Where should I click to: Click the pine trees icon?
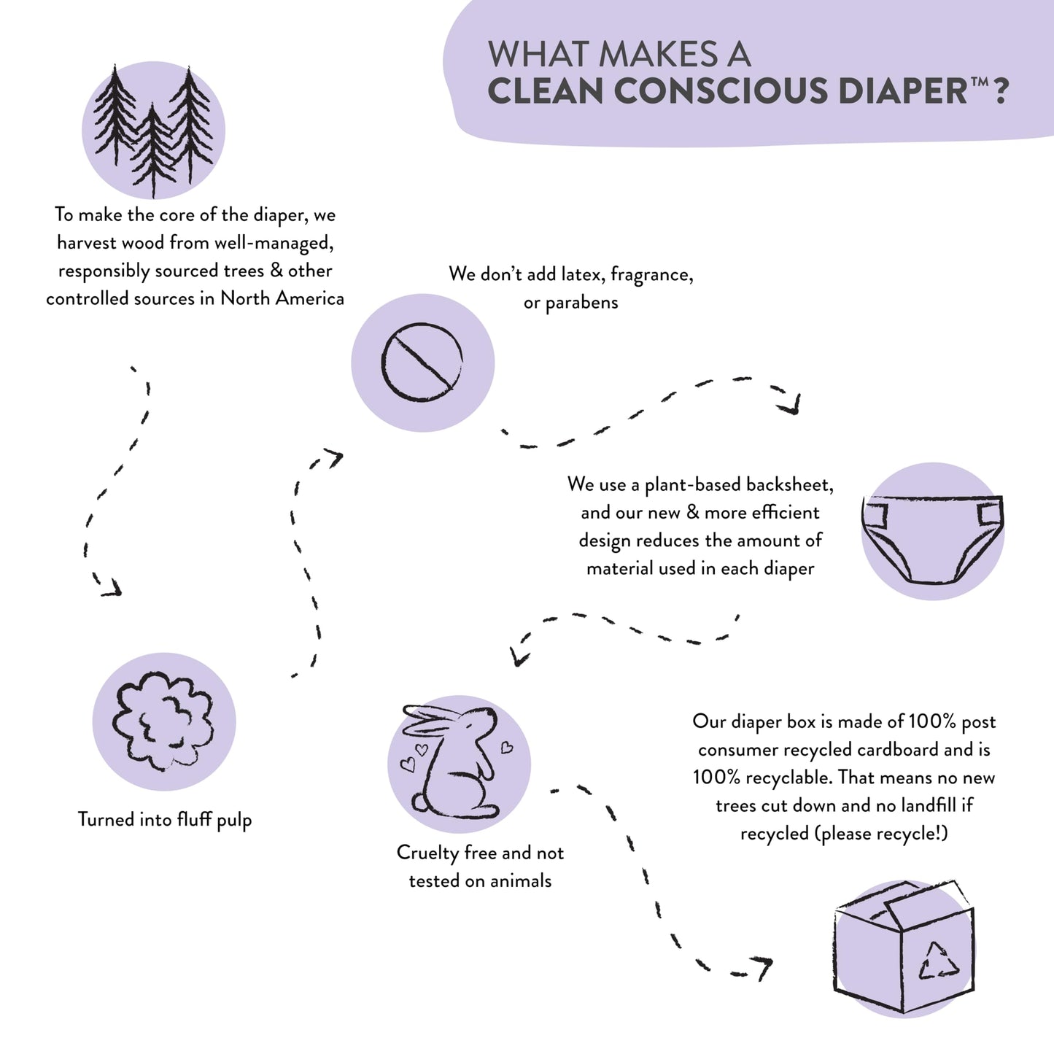(x=153, y=131)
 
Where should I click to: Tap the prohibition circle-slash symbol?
(x=422, y=363)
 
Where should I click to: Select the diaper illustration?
(x=932, y=538)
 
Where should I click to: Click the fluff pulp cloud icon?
(x=163, y=721)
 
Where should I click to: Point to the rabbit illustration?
(x=458, y=763)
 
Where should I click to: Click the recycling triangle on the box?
(x=938, y=961)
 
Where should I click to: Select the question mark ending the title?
(x=1001, y=91)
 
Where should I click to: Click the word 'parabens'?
(x=581, y=303)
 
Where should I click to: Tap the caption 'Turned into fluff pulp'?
(x=165, y=820)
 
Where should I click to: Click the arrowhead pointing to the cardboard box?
(x=763, y=966)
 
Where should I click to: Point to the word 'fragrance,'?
(x=651, y=275)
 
